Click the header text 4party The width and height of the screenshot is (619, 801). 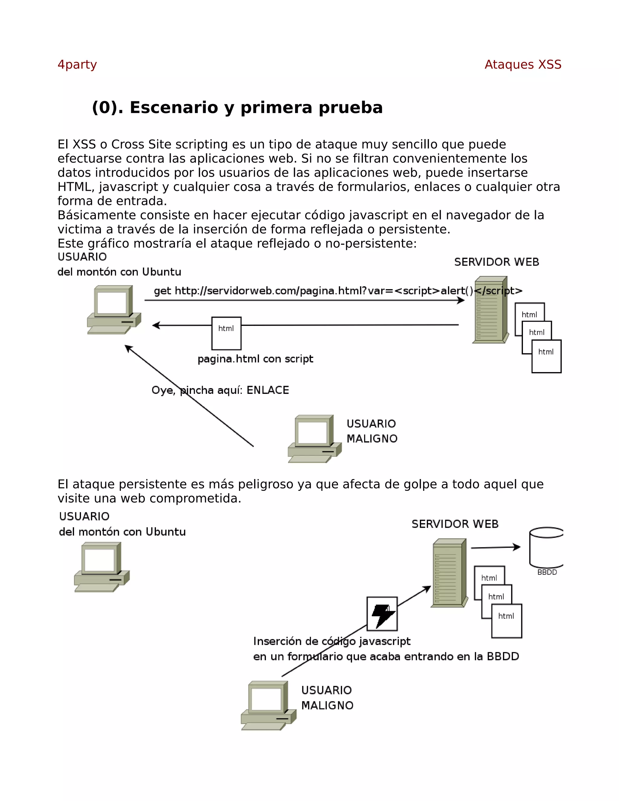77,65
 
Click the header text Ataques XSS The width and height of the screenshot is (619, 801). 523,65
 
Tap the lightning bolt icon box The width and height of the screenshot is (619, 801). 382,614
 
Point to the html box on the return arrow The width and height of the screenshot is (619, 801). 226,333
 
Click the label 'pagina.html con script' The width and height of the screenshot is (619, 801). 255,359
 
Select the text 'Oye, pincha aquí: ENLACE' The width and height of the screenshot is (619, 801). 220,390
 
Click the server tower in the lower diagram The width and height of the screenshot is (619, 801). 449,573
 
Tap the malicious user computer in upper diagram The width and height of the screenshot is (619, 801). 314,439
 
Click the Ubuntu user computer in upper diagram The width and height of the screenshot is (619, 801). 114,310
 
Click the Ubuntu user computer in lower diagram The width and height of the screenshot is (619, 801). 102,567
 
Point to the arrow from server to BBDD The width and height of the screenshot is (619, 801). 495,548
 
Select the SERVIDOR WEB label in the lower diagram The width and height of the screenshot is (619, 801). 455,524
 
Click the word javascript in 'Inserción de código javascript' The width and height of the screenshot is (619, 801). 385,641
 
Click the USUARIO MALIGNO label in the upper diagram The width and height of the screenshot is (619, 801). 372,431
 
